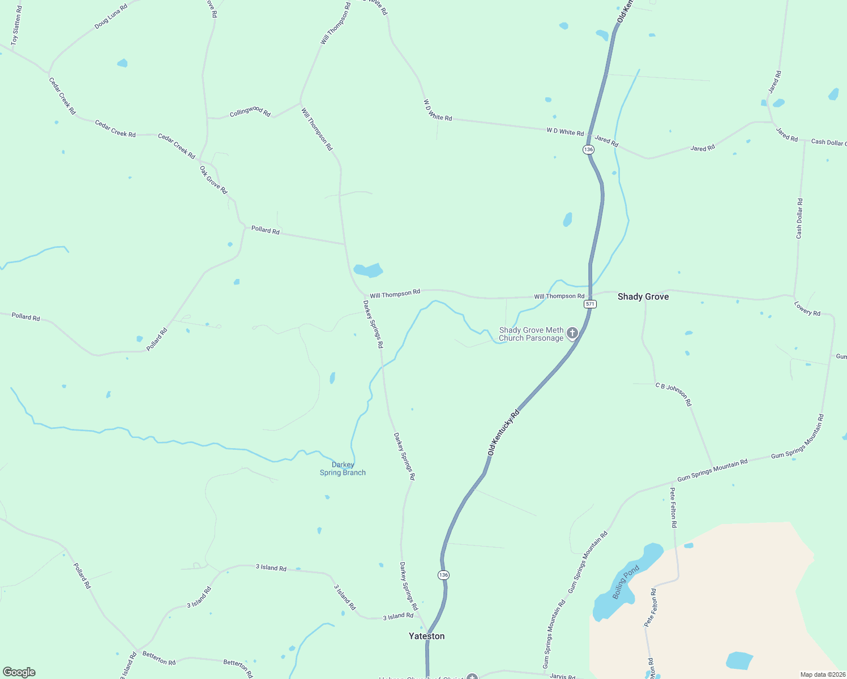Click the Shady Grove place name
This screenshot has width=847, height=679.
coord(643,296)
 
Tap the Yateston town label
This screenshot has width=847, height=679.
coord(426,636)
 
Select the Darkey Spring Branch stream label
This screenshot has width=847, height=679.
coord(343,469)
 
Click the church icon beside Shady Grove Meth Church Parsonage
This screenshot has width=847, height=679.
coord(572,333)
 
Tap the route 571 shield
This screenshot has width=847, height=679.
coord(590,304)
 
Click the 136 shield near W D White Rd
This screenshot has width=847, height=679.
coord(588,149)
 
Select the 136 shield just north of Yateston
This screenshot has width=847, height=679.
coord(443,575)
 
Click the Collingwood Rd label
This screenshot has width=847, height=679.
coord(250,111)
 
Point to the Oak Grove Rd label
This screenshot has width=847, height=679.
coord(213,180)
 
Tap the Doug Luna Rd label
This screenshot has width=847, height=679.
coord(111,16)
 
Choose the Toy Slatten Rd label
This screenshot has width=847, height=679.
coord(16,26)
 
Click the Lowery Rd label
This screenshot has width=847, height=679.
coord(807,308)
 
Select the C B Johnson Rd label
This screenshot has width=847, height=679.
coord(674,394)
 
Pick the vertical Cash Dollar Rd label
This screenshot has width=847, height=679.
coord(799,218)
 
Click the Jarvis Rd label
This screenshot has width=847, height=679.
coord(562,676)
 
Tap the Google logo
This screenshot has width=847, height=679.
coord(19,672)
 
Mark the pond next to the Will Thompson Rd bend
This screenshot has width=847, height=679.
coord(368,270)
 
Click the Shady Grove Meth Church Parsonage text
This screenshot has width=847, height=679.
coord(531,334)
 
